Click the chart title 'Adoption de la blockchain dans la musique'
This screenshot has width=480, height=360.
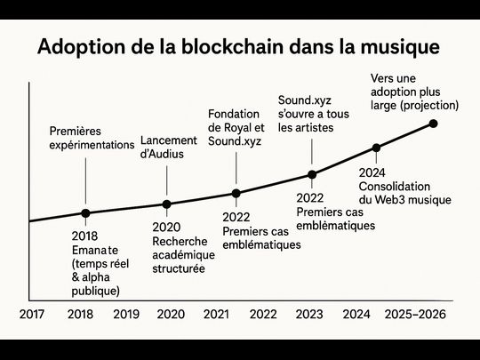(x=238, y=47)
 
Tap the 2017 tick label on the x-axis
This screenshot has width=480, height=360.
(x=32, y=314)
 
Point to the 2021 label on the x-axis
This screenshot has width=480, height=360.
(x=217, y=314)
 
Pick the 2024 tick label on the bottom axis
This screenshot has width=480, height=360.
(x=356, y=314)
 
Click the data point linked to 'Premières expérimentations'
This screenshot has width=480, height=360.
(x=85, y=213)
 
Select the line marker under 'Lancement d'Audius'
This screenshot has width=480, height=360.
(x=166, y=204)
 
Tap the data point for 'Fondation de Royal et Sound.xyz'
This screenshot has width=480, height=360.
(x=236, y=193)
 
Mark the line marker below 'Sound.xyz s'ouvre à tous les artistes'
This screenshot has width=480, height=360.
(x=312, y=174)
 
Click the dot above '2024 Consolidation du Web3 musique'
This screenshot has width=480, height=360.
(x=376, y=148)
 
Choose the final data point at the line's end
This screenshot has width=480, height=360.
(x=434, y=123)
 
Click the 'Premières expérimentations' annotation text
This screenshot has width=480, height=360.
(x=92, y=138)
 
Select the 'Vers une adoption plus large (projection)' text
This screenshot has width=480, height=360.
(x=414, y=92)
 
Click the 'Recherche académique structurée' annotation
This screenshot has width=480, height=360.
(x=178, y=254)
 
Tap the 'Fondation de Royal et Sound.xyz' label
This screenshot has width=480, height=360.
(x=235, y=127)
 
